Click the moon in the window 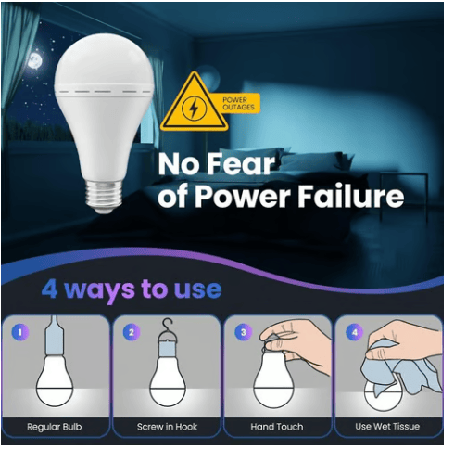34,60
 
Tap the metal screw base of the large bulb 104,196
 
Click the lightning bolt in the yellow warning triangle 194,109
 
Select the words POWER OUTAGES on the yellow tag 238,104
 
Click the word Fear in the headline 241,164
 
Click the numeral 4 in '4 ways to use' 49,289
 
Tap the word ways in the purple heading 99,291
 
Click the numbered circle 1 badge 20,332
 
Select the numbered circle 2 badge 132,332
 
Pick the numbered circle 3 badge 243,332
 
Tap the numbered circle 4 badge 355,332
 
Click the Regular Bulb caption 55,427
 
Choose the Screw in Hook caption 167,427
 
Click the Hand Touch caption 277,427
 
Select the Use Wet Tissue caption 387,427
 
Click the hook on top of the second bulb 169,327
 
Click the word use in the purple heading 197,289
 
